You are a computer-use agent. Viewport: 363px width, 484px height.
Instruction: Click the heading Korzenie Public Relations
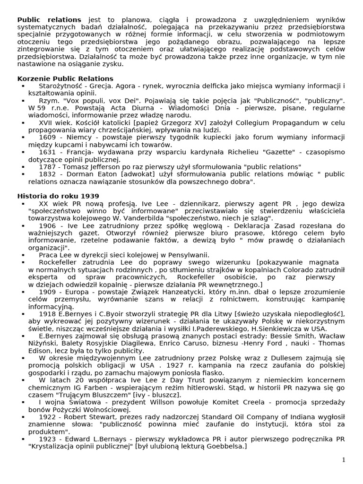click(x=65, y=78)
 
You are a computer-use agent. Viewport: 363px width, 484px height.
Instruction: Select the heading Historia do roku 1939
click(x=58, y=196)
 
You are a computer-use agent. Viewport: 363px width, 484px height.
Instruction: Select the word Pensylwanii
click(x=187, y=255)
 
